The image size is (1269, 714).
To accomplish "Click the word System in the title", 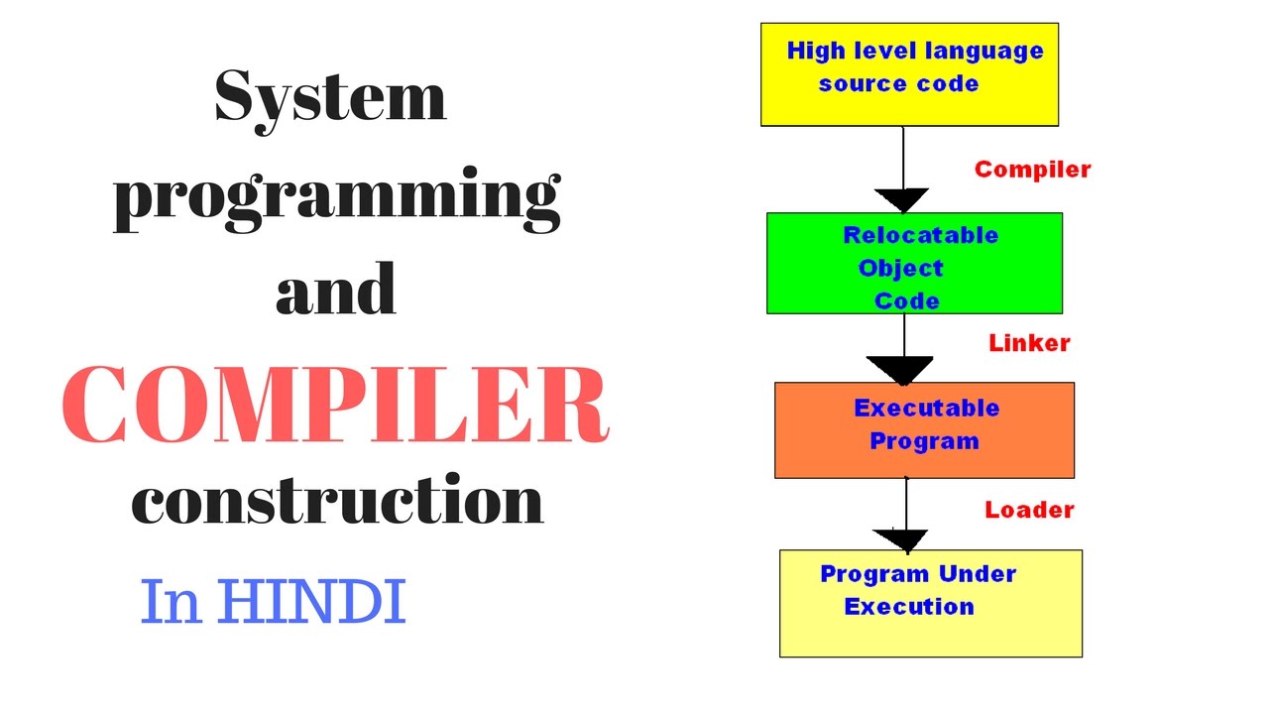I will point(330,98).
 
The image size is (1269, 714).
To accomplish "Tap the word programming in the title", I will point(337,199).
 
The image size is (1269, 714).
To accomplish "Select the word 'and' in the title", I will point(336,292).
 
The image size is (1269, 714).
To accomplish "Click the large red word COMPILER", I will point(335,405).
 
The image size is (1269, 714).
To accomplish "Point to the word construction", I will point(337,500).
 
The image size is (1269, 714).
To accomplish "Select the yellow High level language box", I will point(909,74).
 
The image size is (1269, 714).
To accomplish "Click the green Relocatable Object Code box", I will point(914,264).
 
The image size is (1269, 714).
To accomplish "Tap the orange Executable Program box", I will point(924,430).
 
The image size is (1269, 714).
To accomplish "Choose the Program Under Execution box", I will point(930,603).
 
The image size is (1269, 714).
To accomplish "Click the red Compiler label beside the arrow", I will point(1032,170).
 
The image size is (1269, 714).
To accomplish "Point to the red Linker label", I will point(1029,343).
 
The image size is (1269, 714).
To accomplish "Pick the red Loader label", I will point(1029,510).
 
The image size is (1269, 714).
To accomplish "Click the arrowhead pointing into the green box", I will point(903,200).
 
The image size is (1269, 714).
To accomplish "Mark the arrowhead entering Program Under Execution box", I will point(901,539).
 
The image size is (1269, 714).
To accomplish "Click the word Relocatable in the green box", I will point(920,235).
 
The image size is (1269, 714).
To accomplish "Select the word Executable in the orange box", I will point(926,408).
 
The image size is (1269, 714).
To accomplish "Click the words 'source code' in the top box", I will point(898,83).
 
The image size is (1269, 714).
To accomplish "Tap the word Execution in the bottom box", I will point(908,606).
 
